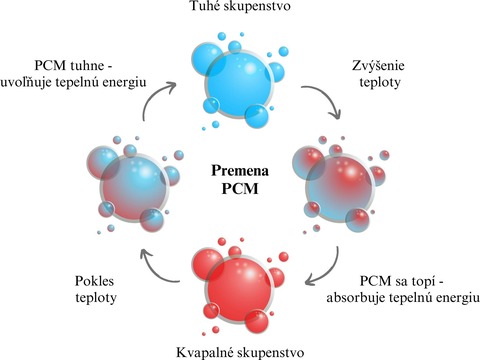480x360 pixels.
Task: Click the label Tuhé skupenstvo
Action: [x=241, y=10]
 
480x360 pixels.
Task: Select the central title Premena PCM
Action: [x=240, y=180]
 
